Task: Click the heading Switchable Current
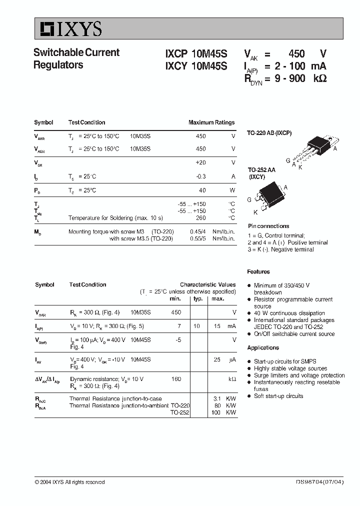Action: coord(76,52)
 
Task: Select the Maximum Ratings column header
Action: coord(211,122)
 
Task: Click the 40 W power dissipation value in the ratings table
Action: coord(202,190)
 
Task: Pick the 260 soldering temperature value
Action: coord(201,218)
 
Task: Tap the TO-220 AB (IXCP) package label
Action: coord(269,133)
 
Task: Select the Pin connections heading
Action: coord(268,226)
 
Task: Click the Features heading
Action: coord(258,272)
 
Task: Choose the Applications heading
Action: coord(263,348)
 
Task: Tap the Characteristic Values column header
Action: coord(207,284)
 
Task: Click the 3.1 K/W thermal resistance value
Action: coord(217,399)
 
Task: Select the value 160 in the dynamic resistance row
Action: coord(176,379)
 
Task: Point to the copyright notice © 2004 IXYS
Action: coord(69,482)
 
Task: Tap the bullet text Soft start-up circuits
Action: coord(278,396)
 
